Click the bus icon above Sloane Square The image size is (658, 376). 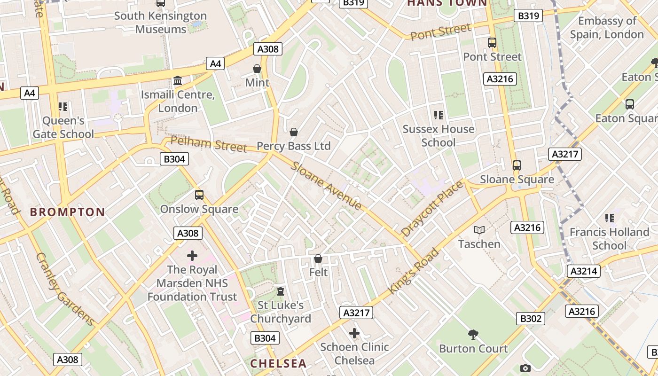pos(517,165)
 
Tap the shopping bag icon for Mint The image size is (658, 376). pos(257,69)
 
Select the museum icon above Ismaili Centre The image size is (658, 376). pos(178,81)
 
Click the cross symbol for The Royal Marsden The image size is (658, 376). pos(192,256)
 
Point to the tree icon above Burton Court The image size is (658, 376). pos(473,335)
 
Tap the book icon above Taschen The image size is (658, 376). pos(479,230)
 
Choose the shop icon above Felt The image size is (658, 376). pos(318,258)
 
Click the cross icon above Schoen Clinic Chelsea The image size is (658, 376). pos(354,333)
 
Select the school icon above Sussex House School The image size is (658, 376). pos(439,115)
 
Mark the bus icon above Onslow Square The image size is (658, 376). pos(199,195)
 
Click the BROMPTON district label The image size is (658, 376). pos(68,212)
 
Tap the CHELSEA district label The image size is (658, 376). pos(278,363)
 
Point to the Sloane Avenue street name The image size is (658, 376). pos(327,186)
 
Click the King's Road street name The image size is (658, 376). pos(414,272)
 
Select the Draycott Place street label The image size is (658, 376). pos(432,209)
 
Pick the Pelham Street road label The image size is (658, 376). pos(209,144)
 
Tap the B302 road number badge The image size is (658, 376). pos(531,319)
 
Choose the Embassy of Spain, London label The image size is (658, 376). pos(607,28)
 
